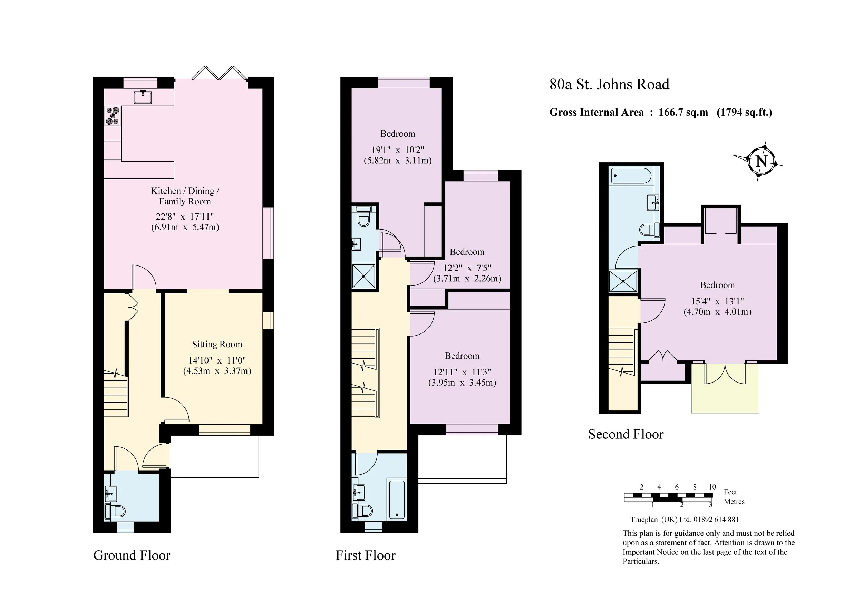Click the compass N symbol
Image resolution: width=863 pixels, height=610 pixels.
point(761,161)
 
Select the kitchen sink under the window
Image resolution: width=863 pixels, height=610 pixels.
point(143,97)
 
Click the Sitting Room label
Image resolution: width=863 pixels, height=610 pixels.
point(217,344)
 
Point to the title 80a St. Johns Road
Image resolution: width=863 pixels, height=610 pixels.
point(609,84)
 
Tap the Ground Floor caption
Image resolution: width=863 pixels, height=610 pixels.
point(132,555)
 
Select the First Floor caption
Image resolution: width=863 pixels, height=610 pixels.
point(365,555)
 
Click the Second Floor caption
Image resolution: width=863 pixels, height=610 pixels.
point(626,434)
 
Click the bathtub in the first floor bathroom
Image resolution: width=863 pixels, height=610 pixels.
point(397,500)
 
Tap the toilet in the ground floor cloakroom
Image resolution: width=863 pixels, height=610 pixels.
point(115,511)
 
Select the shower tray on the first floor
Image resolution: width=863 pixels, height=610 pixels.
point(364,276)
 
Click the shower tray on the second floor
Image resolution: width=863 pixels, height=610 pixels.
point(623,281)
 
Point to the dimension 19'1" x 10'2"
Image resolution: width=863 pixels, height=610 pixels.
point(398,149)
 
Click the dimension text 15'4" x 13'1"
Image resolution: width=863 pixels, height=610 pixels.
point(717,301)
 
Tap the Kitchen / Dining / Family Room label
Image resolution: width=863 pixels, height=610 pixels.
point(185,196)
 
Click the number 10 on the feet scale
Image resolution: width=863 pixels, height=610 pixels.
point(712,487)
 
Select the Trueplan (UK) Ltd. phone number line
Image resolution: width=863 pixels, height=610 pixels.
point(685,520)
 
